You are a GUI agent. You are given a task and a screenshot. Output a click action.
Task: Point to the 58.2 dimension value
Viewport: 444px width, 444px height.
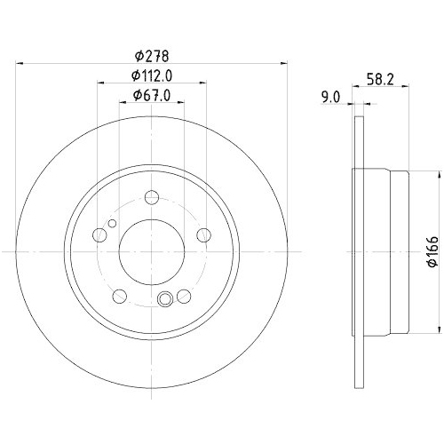pos(380,78)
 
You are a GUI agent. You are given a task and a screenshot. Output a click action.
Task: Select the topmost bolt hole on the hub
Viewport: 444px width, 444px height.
pos(152,198)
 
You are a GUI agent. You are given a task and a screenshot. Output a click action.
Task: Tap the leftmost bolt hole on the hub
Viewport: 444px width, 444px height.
pos(99,235)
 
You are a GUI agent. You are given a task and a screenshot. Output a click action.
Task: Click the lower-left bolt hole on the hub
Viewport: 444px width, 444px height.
pos(120,296)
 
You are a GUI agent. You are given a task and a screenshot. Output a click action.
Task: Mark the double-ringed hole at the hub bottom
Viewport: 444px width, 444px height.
pos(165,299)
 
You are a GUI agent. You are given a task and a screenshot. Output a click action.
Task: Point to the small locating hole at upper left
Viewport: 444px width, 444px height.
pos(111,224)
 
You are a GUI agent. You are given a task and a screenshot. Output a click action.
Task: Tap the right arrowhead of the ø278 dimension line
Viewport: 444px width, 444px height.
pos(284,63)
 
